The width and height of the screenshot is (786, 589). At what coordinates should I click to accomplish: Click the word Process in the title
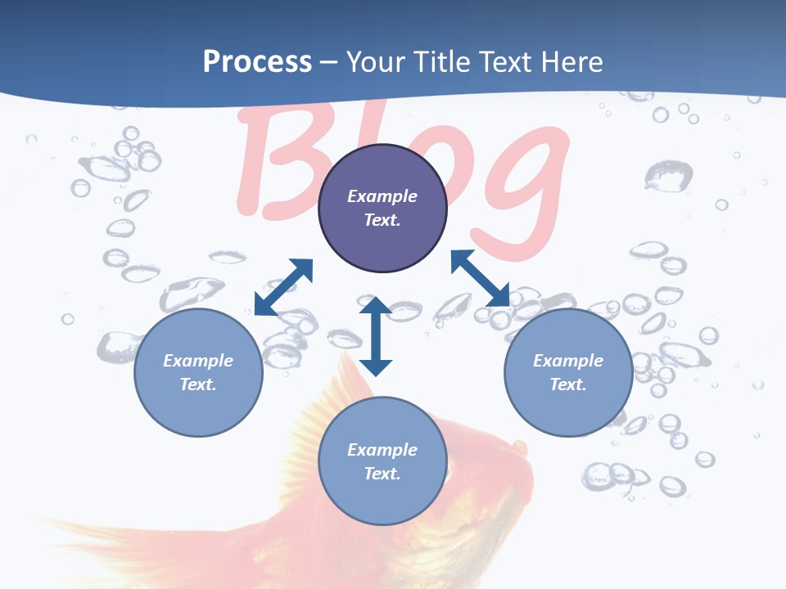pos(257,62)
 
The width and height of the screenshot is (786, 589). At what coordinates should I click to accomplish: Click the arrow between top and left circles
pos(284,287)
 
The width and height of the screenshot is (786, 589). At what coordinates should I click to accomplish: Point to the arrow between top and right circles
pos(480,278)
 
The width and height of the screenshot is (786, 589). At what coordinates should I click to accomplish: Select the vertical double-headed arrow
pos(376,336)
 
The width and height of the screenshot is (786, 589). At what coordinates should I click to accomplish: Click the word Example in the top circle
pos(382,196)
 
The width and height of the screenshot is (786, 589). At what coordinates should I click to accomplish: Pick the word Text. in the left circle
pos(198,384)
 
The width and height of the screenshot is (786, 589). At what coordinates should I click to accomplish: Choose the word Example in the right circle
pos(568,361)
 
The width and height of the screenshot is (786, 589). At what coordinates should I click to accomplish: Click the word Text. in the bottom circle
pos(382,474)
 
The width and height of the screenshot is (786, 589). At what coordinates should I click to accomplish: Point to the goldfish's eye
pos(517,447)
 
